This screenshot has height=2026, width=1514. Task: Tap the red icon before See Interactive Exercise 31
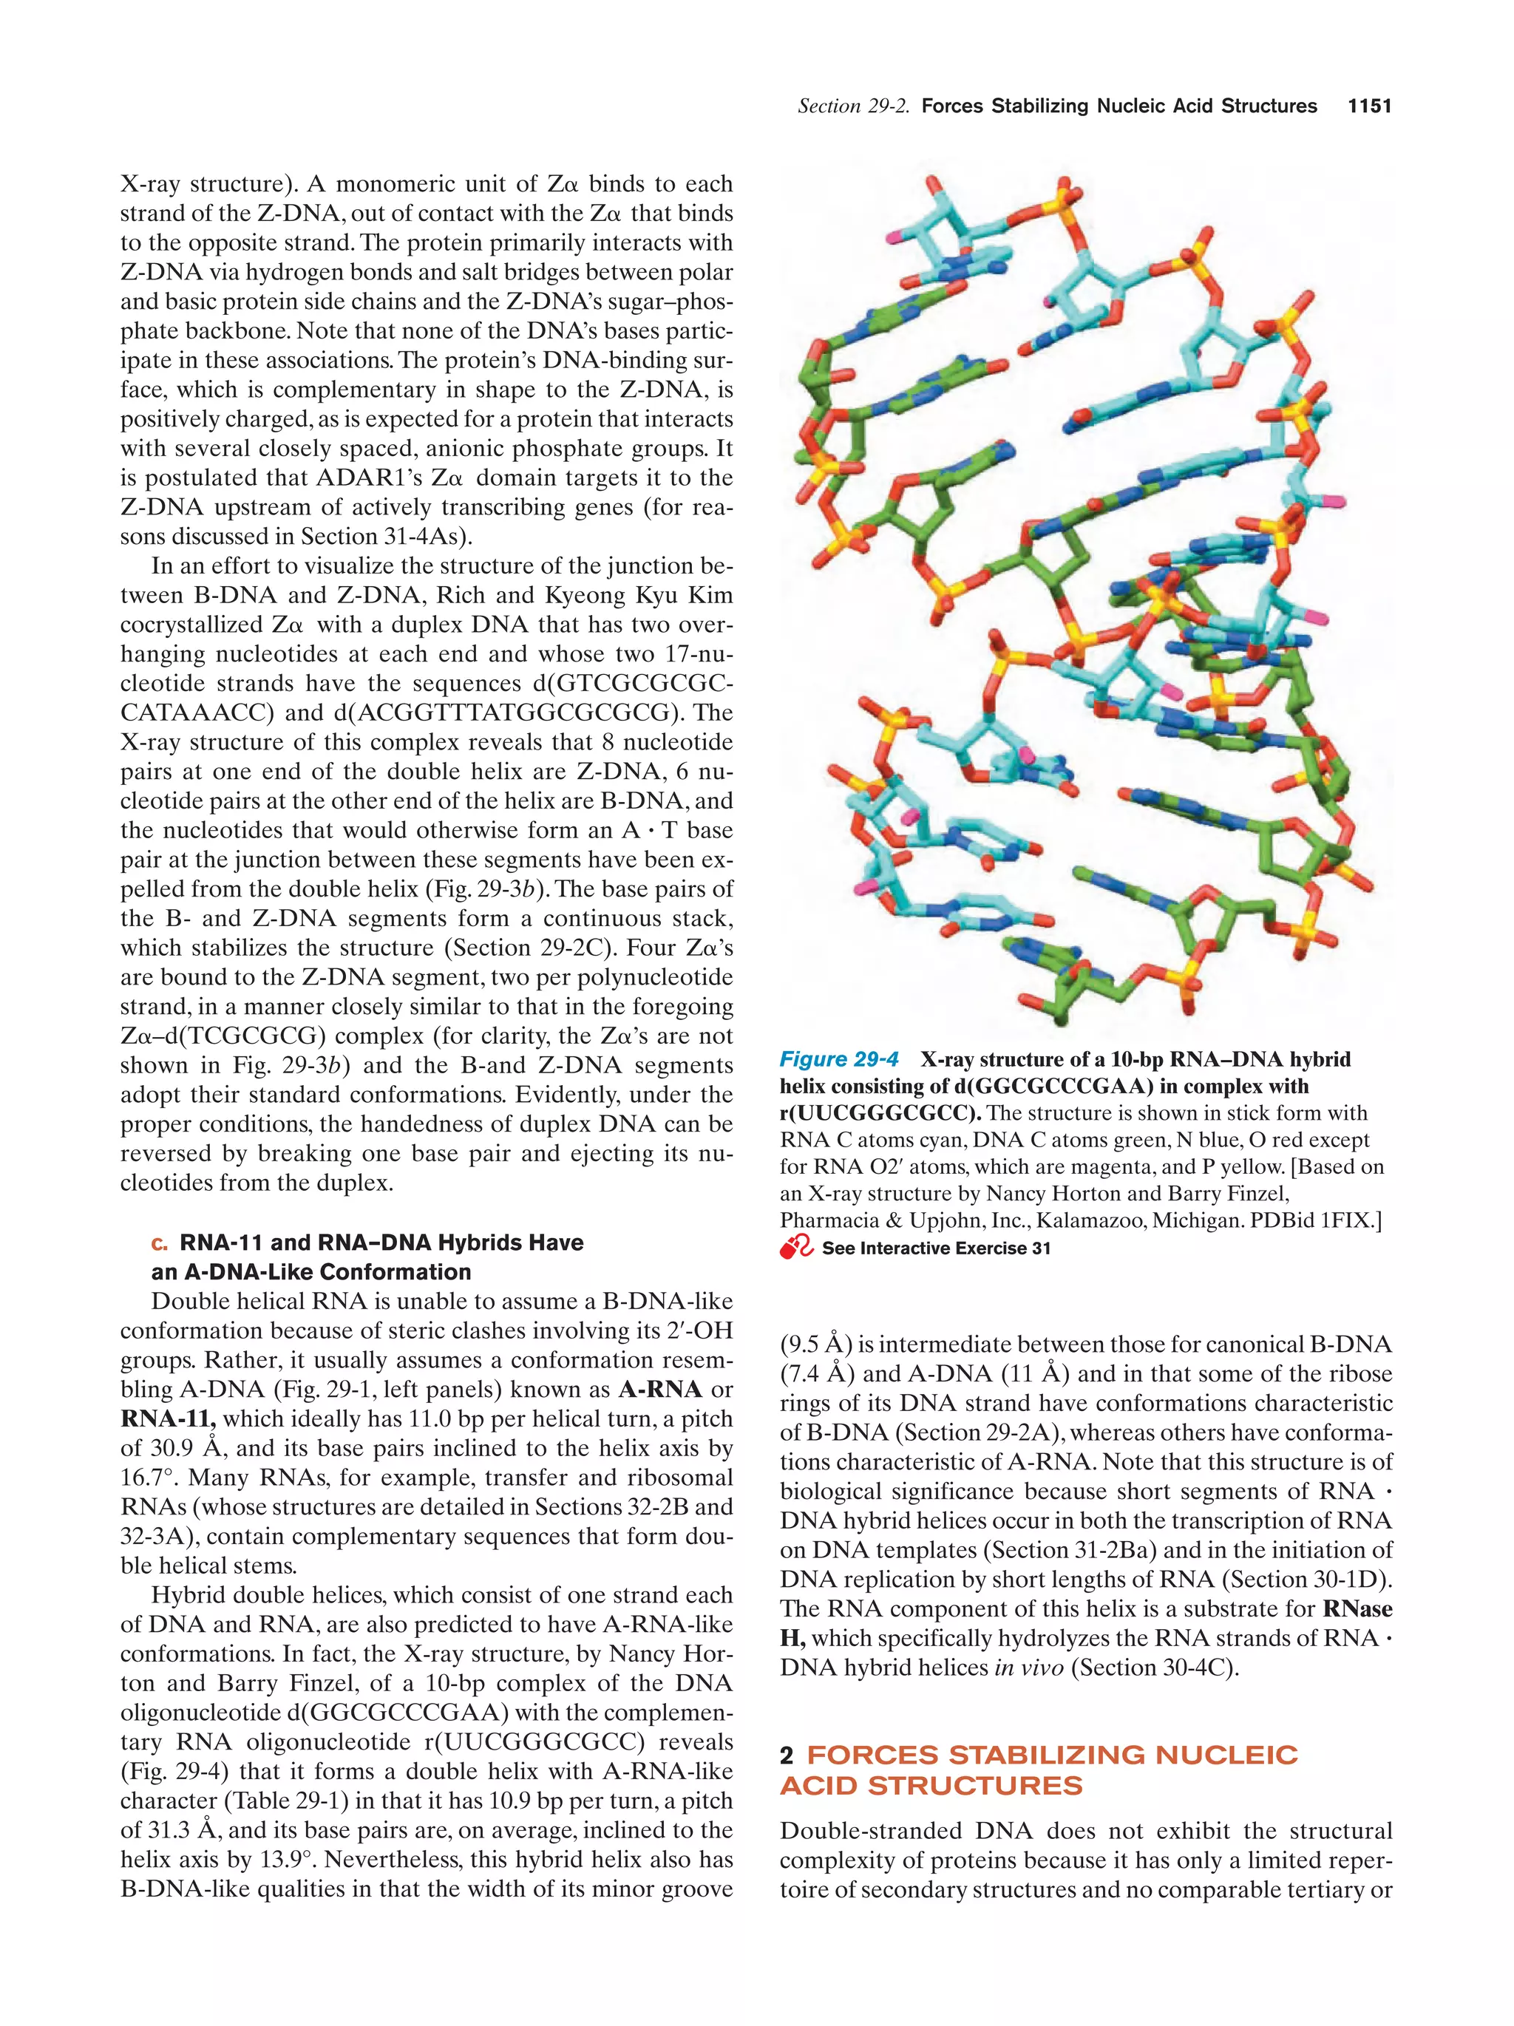click(x=795, y=1248)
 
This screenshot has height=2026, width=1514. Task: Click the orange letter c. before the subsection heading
click(x=160, y=1243)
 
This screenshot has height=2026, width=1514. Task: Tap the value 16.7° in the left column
click(x=149, y=1478)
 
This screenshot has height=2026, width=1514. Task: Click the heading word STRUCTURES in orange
click(x=974, y=1785)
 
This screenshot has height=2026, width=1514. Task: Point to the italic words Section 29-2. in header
click(x=854, y=106)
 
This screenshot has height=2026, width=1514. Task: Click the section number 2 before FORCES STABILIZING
click(x=786, y=1755)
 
